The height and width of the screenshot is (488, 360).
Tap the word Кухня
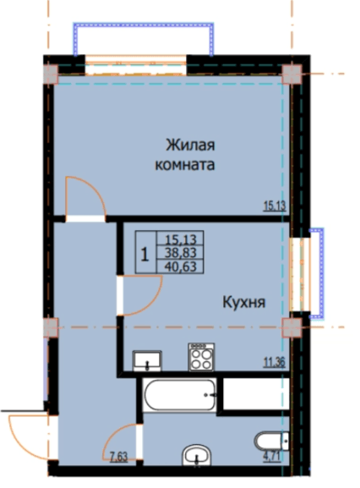click(245, 302)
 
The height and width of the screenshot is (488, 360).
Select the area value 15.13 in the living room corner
click(275, 204)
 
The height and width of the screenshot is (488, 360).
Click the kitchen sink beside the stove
click(147, 361)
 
